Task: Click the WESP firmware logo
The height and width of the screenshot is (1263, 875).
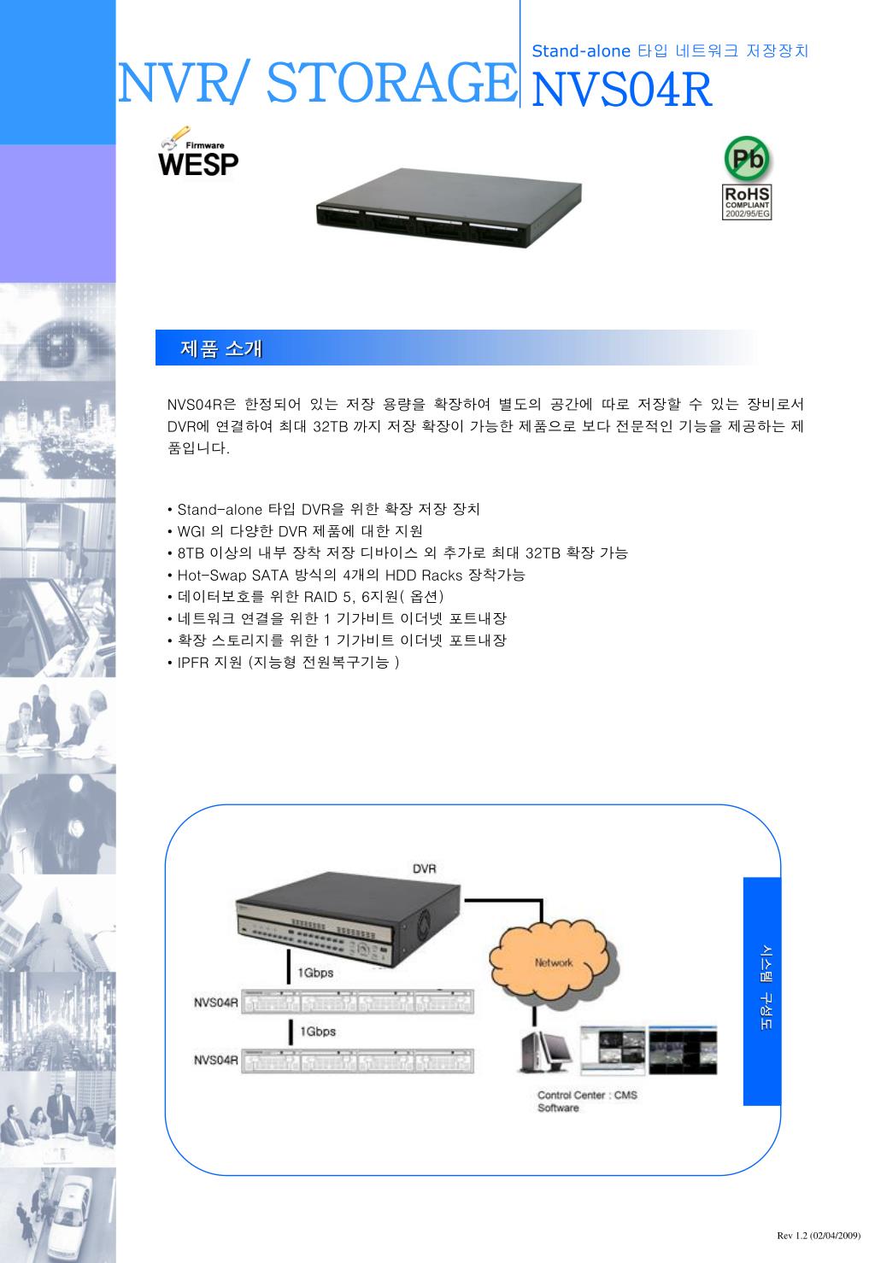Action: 198,151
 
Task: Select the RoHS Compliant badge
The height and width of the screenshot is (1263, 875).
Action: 746,202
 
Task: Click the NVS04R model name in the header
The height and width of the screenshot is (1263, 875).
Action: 622,90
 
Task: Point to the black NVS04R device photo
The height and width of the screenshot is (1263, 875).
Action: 449,208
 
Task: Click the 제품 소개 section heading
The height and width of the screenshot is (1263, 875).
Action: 221,348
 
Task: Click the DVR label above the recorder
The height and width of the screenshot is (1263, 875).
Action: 424,868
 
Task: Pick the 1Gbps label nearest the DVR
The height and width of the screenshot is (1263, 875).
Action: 315,973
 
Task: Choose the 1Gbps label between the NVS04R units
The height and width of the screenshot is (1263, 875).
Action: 318,1032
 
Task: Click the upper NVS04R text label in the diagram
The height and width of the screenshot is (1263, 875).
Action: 216,1002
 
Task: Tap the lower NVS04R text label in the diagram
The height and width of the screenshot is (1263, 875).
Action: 216,1060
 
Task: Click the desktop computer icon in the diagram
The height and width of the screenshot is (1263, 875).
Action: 544,1051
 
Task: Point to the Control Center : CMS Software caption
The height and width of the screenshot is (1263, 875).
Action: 587,1102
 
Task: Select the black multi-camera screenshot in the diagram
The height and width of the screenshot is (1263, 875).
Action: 683,1050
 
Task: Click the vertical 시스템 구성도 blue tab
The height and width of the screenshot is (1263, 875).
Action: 762,991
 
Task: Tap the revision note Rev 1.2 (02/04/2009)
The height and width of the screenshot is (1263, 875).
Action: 819,1236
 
